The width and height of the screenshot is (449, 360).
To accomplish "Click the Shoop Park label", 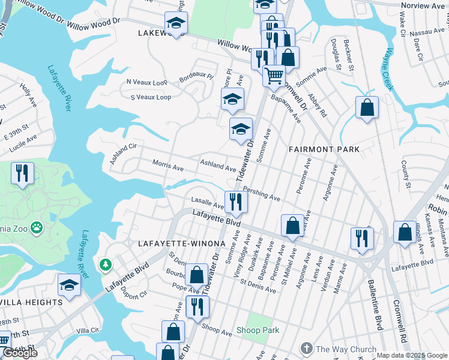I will pos(258,330).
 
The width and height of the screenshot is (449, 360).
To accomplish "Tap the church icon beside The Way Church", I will pos(307,349).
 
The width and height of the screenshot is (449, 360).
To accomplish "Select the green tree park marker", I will pos(106,264).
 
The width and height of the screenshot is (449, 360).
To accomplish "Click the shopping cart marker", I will pos(274,76).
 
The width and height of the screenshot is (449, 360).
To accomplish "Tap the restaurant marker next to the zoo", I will pos(22,173).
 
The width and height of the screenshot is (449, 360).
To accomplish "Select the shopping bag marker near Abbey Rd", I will pos(367,108).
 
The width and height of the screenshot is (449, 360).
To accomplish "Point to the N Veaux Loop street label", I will pos(147,82).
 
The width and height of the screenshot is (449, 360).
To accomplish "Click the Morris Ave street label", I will pos(167,165).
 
